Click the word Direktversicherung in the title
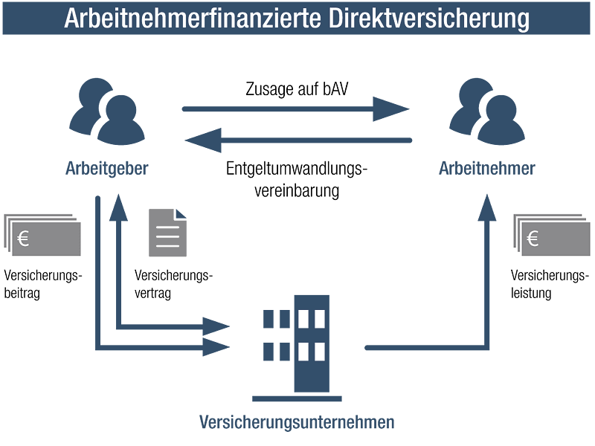pos(429,18)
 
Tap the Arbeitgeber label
pos(106,169)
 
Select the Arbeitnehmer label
pos(487,169)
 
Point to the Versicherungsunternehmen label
pos(297,421)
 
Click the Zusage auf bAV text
pos(297,89)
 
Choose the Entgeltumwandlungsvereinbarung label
pos(297,179)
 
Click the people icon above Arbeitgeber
pos(107,111)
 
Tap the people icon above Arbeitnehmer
pos(487,111)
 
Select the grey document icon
pos(167,233)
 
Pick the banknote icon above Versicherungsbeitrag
pos(42,235)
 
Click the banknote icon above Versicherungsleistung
pos(552,235)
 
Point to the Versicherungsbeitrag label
pos(43,284)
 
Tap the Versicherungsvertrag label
pos(173,284)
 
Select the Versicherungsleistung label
pos(550,284)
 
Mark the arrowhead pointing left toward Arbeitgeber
pos(203,140)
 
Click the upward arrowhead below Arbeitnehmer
pos(487,207)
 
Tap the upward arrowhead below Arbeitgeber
pos(118,207)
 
